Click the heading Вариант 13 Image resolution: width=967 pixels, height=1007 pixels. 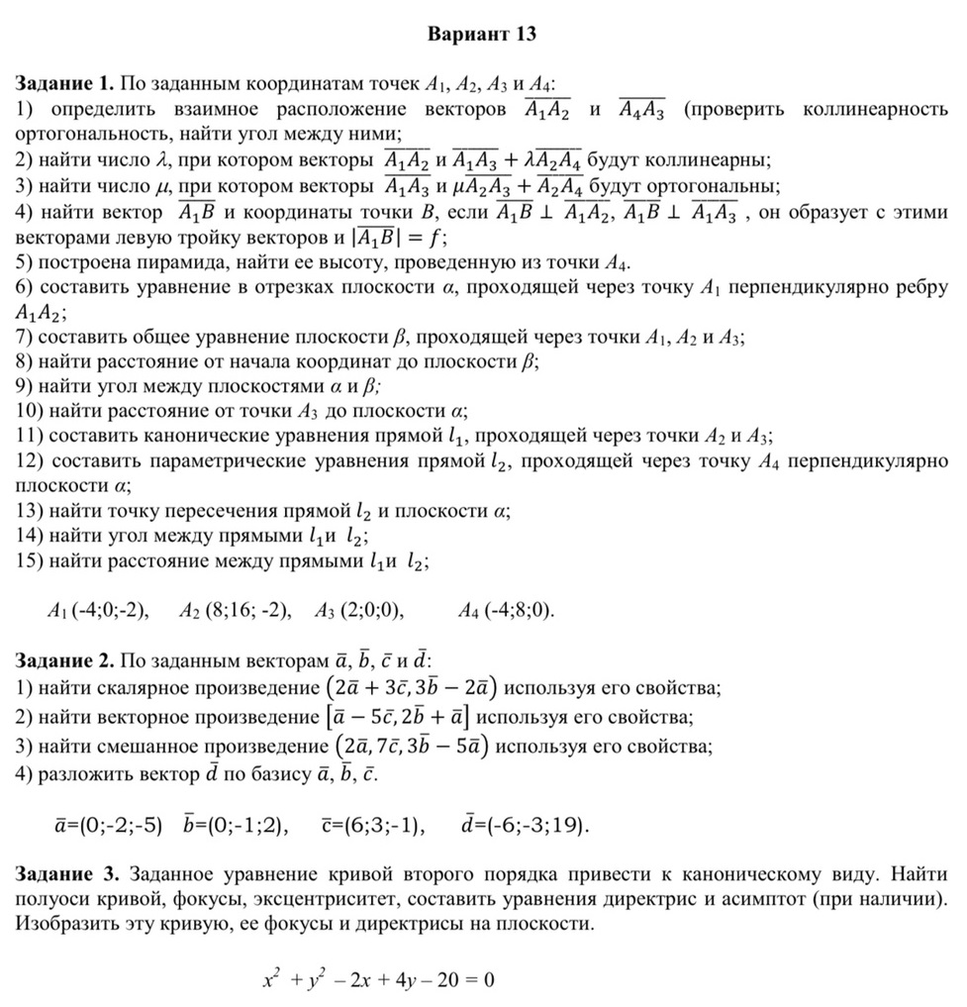[482, 35]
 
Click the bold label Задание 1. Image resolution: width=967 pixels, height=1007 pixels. [64, 84]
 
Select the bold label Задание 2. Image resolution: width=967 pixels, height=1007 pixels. [64, 659]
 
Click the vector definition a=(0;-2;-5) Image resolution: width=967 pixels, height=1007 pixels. [108, 824]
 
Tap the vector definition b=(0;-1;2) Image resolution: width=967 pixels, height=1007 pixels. [237, 824]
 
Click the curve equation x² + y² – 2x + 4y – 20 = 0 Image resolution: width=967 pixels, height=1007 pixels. [378, 980]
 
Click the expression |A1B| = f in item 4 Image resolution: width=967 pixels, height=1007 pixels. [402, 238]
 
